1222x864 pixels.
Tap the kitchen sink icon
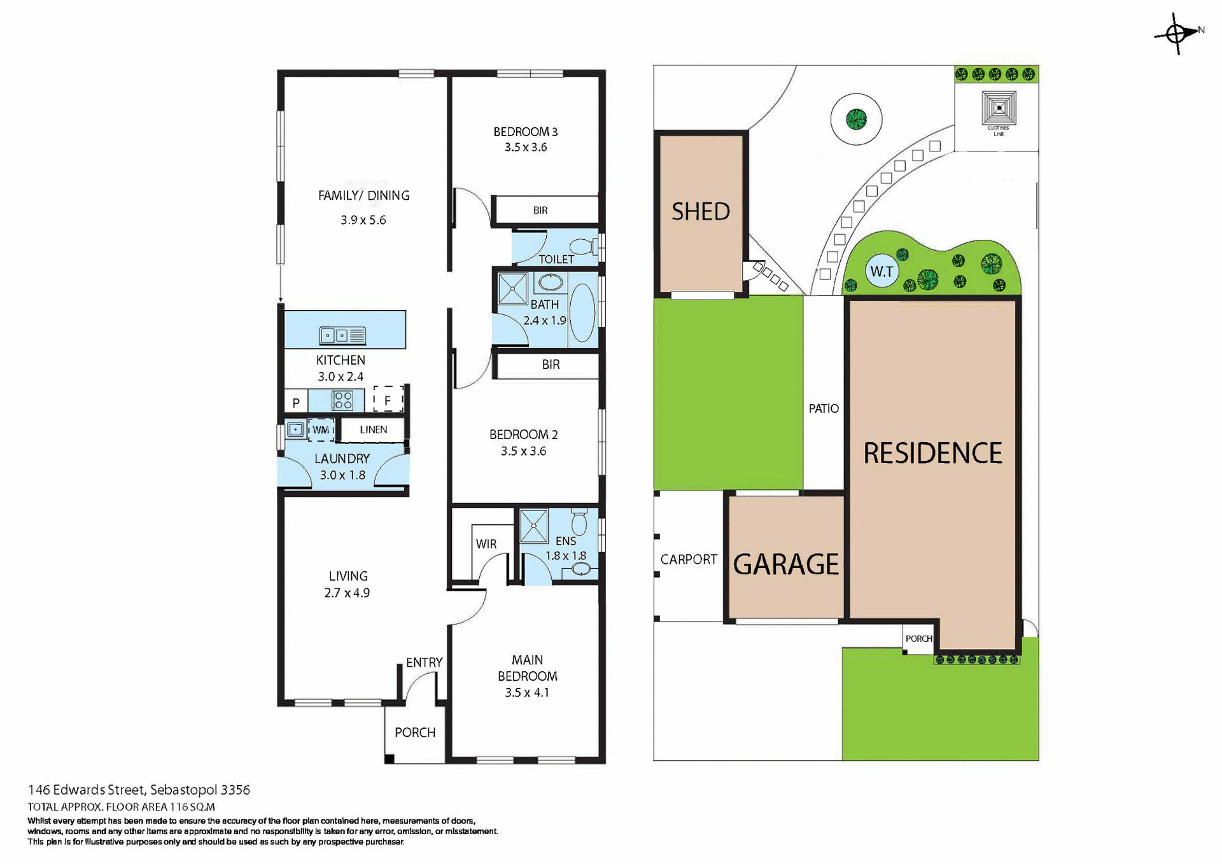click(x=342, y=335)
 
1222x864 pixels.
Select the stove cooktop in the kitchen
click(x=342, y=400)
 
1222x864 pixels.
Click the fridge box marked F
click(x=388, y=400)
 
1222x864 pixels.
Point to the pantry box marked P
click(x=296, y=402)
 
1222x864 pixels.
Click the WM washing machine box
click(x=321, y=430)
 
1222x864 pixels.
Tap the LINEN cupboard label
click(x=373, y=429)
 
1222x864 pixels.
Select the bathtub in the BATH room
click(x=582, y=313)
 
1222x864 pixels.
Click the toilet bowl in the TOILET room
click(x=582, y=246)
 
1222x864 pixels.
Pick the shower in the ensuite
click(x=533, y=526)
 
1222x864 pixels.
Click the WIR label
click(x=486, y=544)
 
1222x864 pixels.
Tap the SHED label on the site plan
click(x=701, y=211)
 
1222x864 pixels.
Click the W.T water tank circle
click(x=881, y=272)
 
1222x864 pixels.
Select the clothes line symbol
click(x=999, y=109)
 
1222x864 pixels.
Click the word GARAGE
click(x=786, y=564)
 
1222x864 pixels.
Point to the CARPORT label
click(x=689, y=559)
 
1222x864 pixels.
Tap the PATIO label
click(x=824, y=408)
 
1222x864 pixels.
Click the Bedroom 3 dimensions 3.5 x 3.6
click(x=526, y=147)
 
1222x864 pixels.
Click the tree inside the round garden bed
click(x=856, y=119)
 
